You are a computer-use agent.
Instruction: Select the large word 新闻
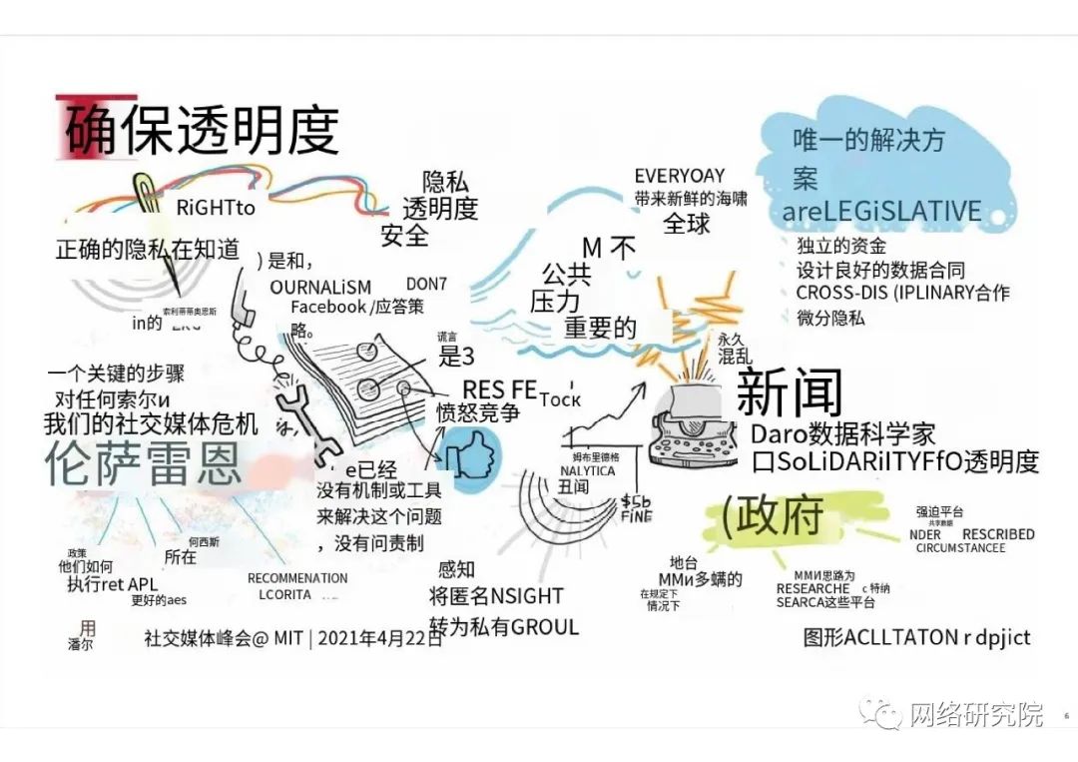point(789,392)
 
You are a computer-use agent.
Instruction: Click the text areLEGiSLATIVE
point(881,212)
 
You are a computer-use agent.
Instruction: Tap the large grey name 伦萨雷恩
point(144,463)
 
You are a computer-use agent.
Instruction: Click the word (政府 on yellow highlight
point(773,514)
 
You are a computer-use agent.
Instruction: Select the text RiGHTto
point(216,209)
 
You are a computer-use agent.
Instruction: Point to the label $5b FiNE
point(636,508)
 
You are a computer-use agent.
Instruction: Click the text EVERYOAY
point(680,176)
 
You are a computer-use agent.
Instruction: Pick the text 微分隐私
point(830,318)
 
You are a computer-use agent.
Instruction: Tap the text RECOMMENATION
point(297,578)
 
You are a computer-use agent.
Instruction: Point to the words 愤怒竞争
point(478,412)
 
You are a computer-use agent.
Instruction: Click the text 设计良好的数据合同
point(880,270)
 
